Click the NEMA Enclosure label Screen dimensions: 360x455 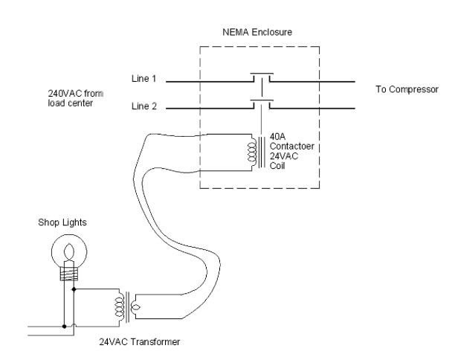(260, 32)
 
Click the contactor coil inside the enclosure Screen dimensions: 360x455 (252, 152)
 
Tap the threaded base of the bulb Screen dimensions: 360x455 (69, 274)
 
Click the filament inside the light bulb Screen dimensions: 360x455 (69, 247)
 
